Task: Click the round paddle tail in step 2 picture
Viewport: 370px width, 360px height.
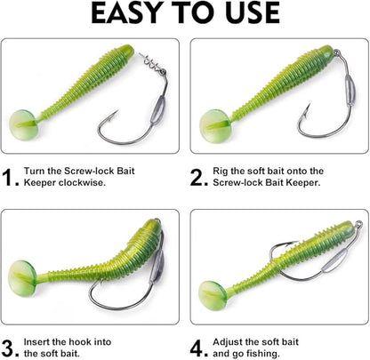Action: [x=211, y=121]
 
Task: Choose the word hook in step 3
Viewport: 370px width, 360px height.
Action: [x=109, y=340]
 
